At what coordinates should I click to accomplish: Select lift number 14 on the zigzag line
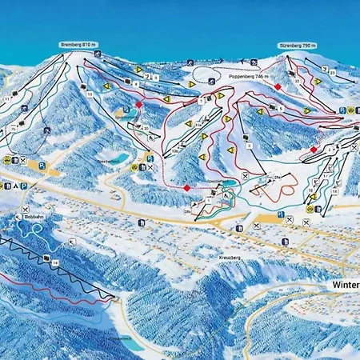[x=55, y=262]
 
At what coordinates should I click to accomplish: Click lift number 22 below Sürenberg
[x=297, y=81]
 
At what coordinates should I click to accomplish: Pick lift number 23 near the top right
[x=333, y=72]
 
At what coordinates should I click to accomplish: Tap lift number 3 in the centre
[x=249, y=145]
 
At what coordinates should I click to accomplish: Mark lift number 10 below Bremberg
[x=90, y=94]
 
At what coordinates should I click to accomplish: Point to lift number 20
[x=146, y=127]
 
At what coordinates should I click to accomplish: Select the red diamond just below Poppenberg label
[x=278, y=86]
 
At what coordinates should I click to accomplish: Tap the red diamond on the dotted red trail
[x=186, y=187]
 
